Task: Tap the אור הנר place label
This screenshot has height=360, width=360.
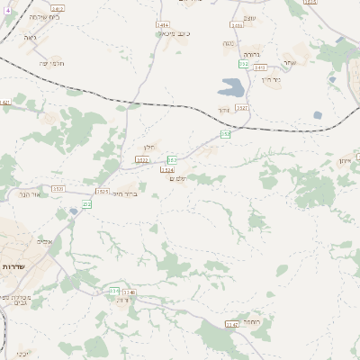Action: (30, 193)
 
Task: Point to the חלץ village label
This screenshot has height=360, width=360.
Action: (150, 148)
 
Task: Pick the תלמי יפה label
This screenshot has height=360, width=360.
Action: (50, 63)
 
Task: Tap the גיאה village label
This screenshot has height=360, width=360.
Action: (30, 40)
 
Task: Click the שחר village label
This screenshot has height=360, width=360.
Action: (289, 62)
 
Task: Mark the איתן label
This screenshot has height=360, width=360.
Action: (346, 160)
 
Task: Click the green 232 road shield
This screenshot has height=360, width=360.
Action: (87, 204)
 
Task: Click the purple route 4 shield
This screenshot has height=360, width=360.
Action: (8, 10)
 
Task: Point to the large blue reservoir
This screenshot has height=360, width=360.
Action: (230, 88)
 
